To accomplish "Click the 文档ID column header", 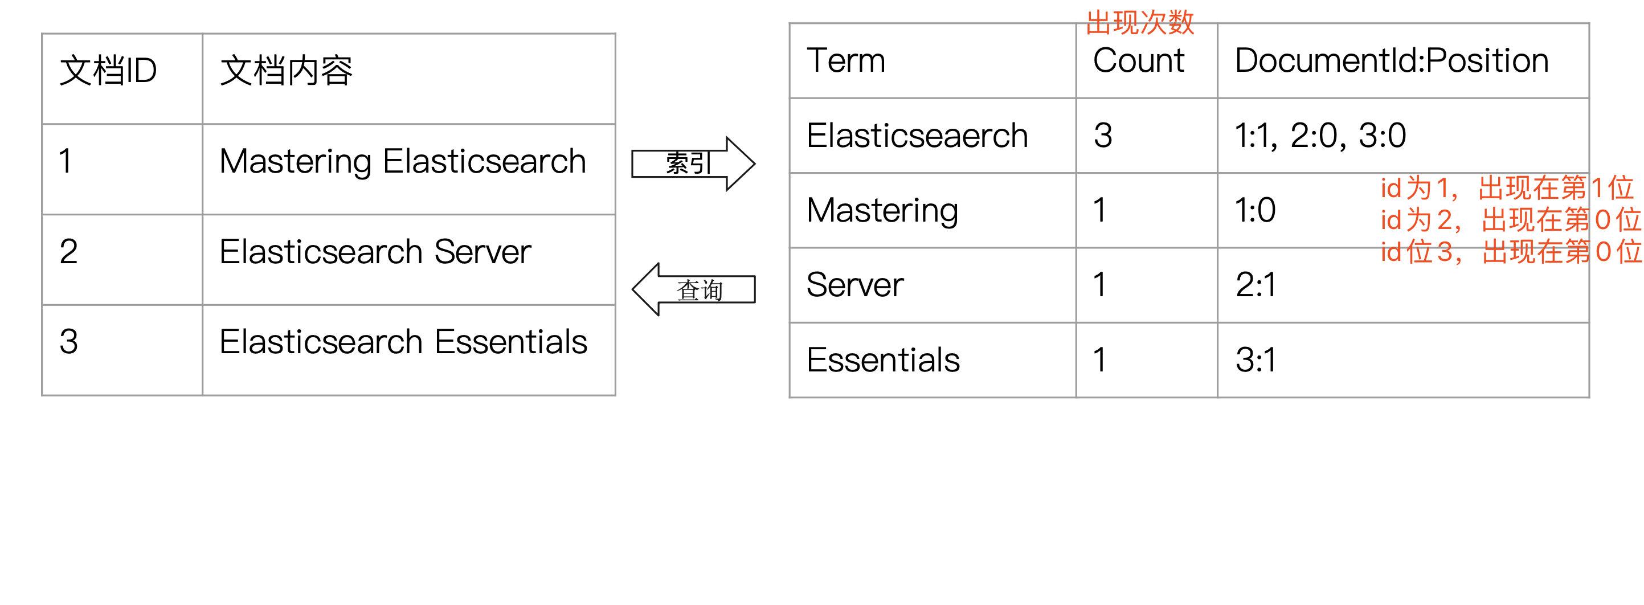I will pos(108,70).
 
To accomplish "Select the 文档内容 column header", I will pos(286,70).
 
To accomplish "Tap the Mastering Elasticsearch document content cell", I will pos(402,161).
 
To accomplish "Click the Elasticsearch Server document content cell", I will pos(375,251).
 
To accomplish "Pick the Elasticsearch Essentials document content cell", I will pos(403,342).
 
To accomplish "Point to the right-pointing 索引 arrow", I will pos(693,163).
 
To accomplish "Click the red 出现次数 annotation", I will pos(1140,23).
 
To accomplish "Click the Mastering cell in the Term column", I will pos(882,211).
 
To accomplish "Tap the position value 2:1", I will pos(1256,285).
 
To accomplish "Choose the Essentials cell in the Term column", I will pos(882,360).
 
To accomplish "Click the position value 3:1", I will pos(1256,360).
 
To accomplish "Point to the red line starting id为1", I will pos(1506,188).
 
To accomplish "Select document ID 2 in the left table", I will pos(69,251).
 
